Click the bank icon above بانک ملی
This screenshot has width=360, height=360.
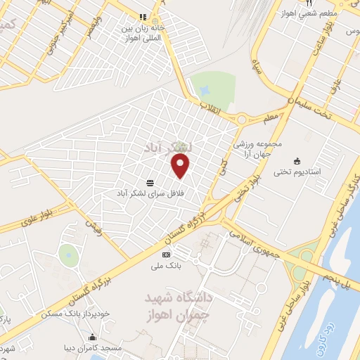click(x=166, y=255)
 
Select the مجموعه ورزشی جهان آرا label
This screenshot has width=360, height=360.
click(x=258, y=148)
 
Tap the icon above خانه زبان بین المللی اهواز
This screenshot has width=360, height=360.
click(x=143, y=17)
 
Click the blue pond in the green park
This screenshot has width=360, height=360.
click(x=204, y=91)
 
